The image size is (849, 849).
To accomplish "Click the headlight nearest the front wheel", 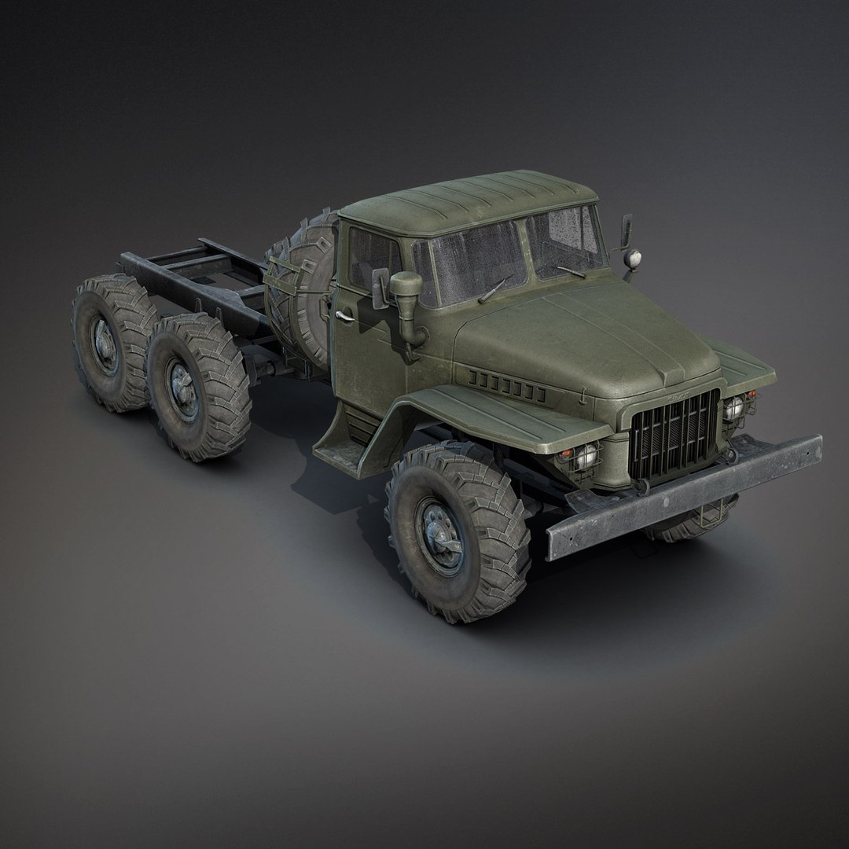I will click(x=586, y=458).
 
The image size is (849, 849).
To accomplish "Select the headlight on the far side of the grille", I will click(x=734, y=408).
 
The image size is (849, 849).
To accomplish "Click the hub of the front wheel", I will click(x=436, y=528).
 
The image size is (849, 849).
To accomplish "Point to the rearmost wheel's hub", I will click(x=101, y=343).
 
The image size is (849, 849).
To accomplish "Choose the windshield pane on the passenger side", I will click(x=564, y=240).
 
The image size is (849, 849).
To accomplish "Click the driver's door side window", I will click(x=371, y=259).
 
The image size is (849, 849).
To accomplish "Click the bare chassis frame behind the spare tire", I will click(x=197, y=271).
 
